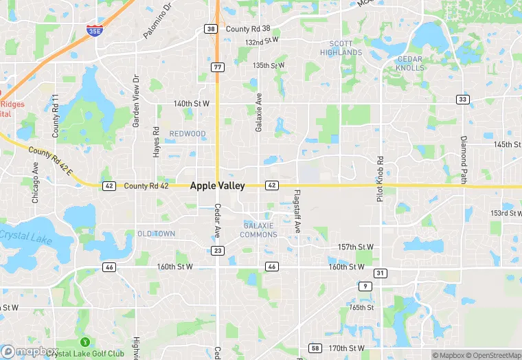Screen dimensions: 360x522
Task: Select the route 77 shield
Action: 217,67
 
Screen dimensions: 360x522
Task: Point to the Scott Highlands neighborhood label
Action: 341,48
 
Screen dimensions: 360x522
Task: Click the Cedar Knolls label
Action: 409,64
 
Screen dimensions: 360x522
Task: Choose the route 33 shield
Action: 463,100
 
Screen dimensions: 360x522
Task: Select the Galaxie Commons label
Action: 259,230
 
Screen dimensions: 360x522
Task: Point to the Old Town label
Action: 156,234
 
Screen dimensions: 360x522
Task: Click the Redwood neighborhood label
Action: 188,133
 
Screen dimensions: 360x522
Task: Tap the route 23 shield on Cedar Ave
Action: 218,251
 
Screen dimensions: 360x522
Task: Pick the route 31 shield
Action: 381,273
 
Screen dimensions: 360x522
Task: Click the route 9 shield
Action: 365,286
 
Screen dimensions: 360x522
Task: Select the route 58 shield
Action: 315,348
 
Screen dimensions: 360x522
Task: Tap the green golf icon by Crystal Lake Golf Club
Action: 85,341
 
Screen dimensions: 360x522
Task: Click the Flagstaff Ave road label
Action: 297,211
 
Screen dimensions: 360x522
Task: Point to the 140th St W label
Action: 191,104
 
